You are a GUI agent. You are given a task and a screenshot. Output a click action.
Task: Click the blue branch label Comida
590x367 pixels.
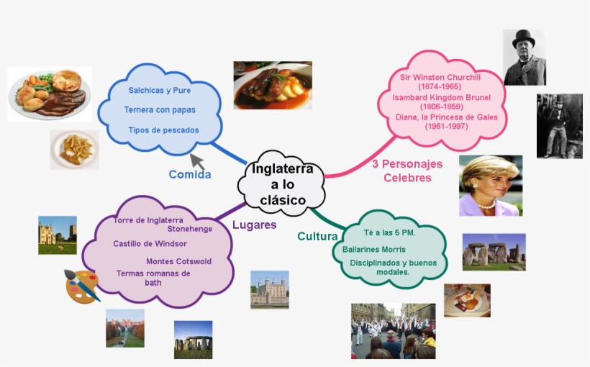(x=190, y=174)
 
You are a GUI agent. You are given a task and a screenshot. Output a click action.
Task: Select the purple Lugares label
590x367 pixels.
(x=255, y=225)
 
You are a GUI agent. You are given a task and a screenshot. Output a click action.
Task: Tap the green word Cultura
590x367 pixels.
(x=317, y=236)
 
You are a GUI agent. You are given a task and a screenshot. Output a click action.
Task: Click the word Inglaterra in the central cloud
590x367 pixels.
(x=282, y=168)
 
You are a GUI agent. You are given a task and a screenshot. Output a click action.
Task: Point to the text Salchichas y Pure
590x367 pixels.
(x=160, y=91)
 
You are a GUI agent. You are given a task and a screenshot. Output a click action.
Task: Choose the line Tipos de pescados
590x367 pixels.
(x=163, y=130)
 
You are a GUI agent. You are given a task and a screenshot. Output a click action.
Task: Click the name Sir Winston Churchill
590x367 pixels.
(x=440, y=77)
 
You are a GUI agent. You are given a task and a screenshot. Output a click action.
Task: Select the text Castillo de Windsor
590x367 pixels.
(x=150, y=243)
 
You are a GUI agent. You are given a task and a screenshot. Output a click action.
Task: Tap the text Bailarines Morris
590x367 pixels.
(x=374, y=249)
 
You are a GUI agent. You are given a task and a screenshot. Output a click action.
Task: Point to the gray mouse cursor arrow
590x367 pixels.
(x=197, y=161)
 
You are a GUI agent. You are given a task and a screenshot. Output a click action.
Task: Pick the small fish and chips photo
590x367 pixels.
(x=75, y=150)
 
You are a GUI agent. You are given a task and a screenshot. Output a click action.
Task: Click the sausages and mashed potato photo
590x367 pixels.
(x=273, y=86)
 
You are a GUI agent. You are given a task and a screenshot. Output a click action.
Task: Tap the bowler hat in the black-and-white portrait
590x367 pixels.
(x=523, y=38)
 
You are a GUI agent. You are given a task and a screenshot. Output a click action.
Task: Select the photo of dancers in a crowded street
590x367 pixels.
(x=393, y=331)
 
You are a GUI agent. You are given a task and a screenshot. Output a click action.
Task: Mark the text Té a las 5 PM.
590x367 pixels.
(x=389, y=232)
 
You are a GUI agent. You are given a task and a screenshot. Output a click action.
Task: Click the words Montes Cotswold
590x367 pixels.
(x=178, y=261)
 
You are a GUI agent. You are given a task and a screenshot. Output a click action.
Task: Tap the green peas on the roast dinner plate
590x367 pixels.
(x=45, y=78)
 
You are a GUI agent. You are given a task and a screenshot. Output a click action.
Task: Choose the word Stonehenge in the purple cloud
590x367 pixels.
(x=190, y=229)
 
